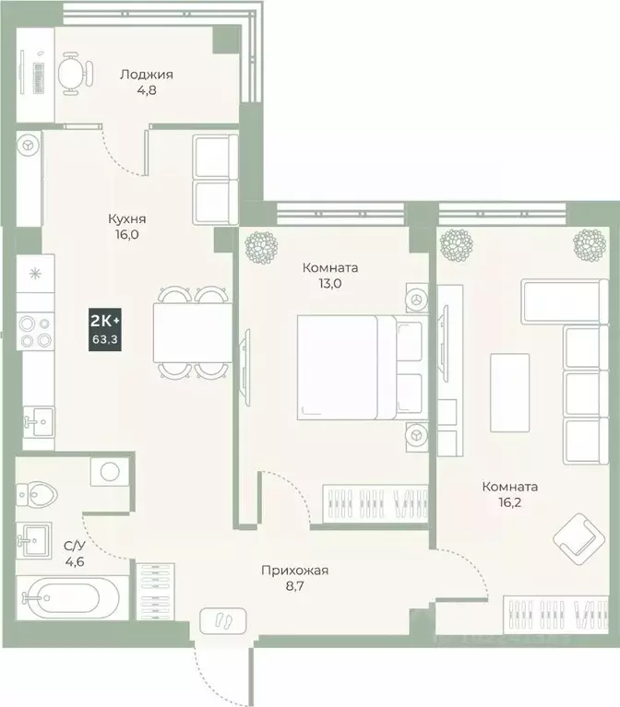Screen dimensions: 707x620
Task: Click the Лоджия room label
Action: pyautogui.click(x=148, y=75)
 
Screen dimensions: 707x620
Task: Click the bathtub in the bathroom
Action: pyautogui.click(x=65, y=599)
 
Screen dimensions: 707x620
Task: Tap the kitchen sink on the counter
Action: pyautogui.click(x=38, y=421)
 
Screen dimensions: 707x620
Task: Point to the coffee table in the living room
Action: pyautogui.click(x=509, y=391)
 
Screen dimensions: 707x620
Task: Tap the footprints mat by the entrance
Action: pyautogui.click(x=221, y=619)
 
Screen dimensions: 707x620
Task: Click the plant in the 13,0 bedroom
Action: pyautogui.click(x=263, y=245)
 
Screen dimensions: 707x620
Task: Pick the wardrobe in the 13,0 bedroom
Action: pyautogui.click(x=376, y=504)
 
